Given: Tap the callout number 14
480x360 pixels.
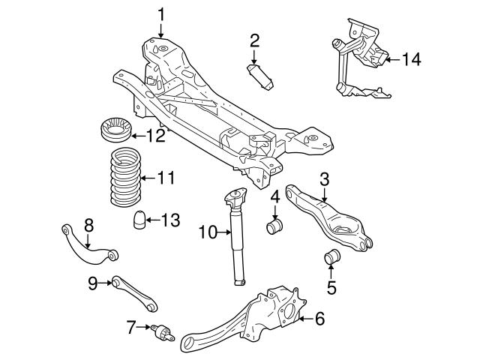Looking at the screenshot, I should tap(412, 58).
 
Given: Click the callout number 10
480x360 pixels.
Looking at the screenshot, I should tap(205, 232).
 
